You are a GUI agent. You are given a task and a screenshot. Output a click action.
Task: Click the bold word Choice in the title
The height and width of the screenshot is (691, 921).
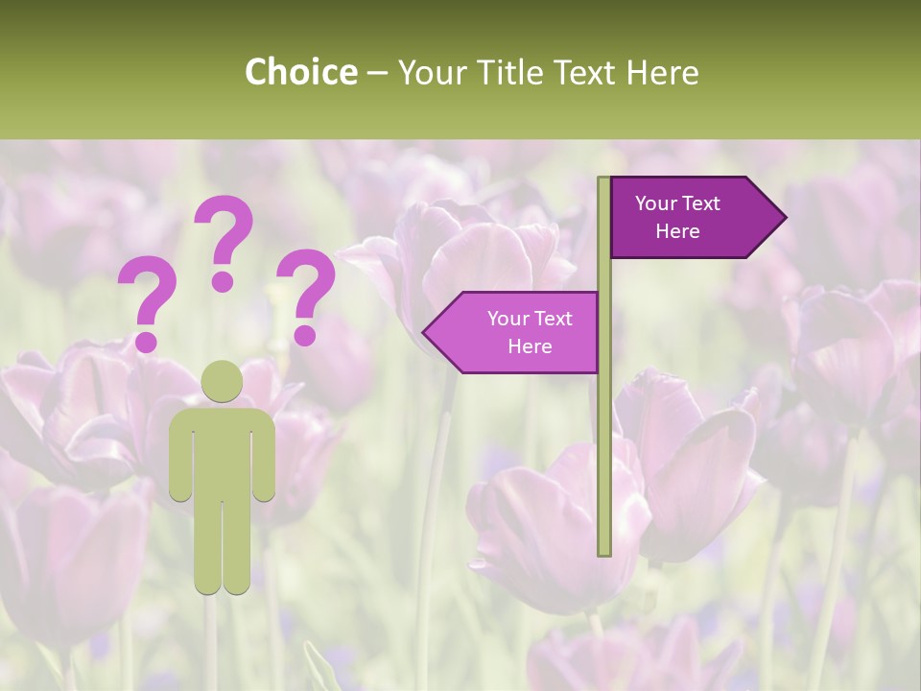pos(300,72)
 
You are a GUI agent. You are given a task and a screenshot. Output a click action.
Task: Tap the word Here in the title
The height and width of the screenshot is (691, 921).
pos(662,72)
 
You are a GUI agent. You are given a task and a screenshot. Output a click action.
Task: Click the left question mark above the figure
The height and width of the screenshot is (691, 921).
pos(147,302)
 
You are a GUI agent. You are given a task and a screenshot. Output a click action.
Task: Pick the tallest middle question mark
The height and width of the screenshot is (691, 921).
pos(224,242)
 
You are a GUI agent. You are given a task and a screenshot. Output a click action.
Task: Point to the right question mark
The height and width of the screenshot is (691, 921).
pos(306,296)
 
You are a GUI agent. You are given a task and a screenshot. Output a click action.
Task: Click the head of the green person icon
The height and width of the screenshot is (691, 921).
pos(223,382)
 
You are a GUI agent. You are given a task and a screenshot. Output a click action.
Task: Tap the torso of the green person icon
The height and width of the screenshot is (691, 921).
pos(223,451)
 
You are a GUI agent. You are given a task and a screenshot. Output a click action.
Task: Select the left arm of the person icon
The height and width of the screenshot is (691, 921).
pos(179,456)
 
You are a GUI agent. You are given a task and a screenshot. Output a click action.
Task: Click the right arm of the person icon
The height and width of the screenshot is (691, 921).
pos(266,456)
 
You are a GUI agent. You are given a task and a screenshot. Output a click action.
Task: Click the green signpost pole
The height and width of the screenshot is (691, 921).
pos(604,432)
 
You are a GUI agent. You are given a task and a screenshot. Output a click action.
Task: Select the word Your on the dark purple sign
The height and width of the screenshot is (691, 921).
pos(656,203)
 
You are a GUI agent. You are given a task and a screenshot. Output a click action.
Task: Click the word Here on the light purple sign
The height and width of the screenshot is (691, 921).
pos(530,346)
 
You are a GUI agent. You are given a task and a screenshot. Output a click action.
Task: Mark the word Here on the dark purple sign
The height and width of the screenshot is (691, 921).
pos(677,231)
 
